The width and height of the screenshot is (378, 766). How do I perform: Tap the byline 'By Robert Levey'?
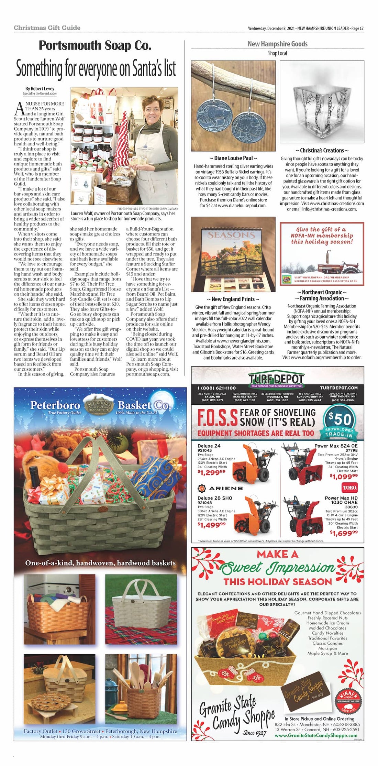point(40,89)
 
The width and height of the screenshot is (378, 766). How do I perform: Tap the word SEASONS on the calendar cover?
point(231,235)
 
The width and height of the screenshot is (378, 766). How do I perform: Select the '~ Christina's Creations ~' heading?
point(322,151)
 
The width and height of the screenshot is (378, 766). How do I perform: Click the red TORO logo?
point(349,487)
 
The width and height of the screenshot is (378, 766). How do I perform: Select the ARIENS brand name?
point(225,488)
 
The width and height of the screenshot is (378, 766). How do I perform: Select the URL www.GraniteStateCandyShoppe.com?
point(316,736)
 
